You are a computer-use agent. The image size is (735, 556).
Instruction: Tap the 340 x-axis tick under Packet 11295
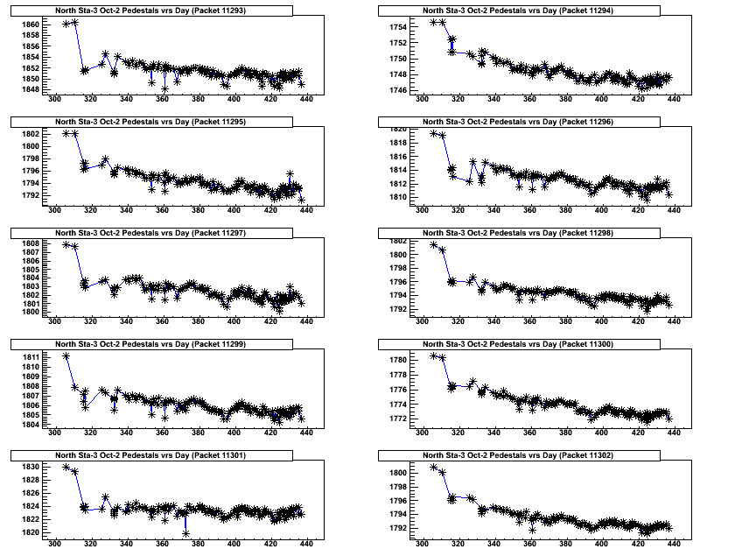pyautogui.click(x=126, y=210)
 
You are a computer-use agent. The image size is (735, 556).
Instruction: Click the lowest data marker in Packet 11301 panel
pyautogui.click(x=186, y=533)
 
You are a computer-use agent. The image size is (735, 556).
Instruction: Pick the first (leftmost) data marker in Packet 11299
pyautogui.click(x=66, y=356)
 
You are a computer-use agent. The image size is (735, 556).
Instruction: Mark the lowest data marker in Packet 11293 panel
pyautogui.click(x=164, y=88)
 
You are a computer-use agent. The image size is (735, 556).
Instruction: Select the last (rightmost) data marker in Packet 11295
pyautogui.click(x=302, y=200)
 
